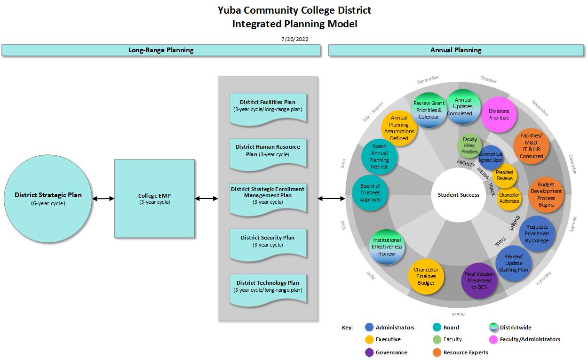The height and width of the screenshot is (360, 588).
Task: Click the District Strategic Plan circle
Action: pyautogui.click(x=48, y=198)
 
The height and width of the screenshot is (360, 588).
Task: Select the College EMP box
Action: pyautogui.click(x=154, y=198)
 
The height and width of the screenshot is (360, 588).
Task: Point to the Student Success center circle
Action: pyautogui.click(x=458, y=195)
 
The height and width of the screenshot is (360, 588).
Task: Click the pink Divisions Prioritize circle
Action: pyautogui.click(x=499, y=114)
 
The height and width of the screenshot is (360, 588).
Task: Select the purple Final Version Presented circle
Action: pyautogui.click(x=479, y=280)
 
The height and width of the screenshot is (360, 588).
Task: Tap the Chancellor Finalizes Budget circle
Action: pyautogui.click(x=426, y=277)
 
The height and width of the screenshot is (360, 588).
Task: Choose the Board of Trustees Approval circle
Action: pyautogui.click(x=370, y=192)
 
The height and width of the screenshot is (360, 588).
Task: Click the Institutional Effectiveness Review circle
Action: pyautogui.click(x=387, y=247)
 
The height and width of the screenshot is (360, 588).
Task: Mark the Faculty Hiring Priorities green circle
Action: pyautogui.click(x=469, y=146)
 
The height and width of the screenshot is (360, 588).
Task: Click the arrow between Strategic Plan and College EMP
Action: pyautogui.click(x=103, y=199)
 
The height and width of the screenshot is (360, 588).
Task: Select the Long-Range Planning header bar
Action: pyautogui.click(x=161, y=50)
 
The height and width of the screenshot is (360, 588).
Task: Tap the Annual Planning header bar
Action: pyautogui.click(x=456, y=50)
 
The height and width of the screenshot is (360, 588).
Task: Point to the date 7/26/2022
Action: pyautogui.click(x=294, y=39)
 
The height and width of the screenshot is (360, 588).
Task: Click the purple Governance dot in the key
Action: pyautogui.click(x=369, y=352)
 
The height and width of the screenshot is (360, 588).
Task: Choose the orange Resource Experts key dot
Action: pyautogui.click(x=436, y=352)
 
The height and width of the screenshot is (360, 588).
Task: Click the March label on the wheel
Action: pyautogui.click(x=458, y=314)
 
